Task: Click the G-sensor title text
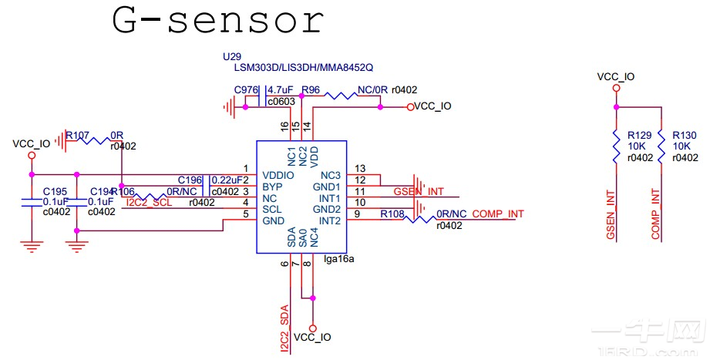pyautogui.click(x=217, y=21)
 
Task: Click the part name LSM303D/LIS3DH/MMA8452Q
pyautogui.click(x=298, y=68)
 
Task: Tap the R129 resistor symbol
pyautogui.click(x=616, y=146)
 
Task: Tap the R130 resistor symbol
pyautogui.click(x=661, y=146)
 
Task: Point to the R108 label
pyautogui.click(x=393, y=214)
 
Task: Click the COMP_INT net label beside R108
pyautogui.click(x=498, y=214)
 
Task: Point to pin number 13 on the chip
pyautogui.click(x=359, y=168)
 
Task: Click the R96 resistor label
pyautogui.click(x=311, y=90)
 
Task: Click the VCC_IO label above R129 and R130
pyautogui.click(x=616, y=76)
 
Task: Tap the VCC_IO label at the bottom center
pyautogui.click(x=313, y=338)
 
